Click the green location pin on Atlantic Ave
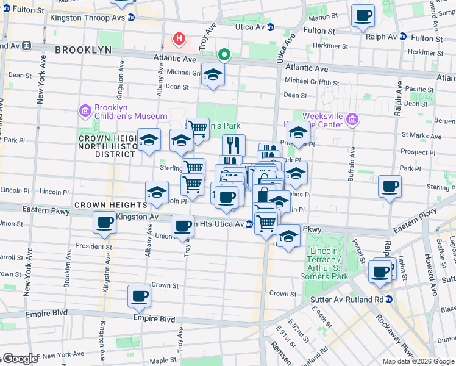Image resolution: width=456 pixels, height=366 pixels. tap(224, 55)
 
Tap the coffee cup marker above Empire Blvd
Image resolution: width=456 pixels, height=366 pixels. tap(139, 296)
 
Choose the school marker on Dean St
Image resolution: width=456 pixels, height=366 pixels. tap(213, 75)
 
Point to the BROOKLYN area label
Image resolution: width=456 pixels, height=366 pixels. tap(83, 49)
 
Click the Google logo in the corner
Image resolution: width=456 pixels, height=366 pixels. tap(20, 359)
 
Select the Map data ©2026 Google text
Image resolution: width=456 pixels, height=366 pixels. tap(418, 361)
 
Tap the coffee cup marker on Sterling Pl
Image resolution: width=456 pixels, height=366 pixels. tap(390, 186)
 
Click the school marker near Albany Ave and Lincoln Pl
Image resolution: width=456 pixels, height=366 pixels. tap(157, 192)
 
